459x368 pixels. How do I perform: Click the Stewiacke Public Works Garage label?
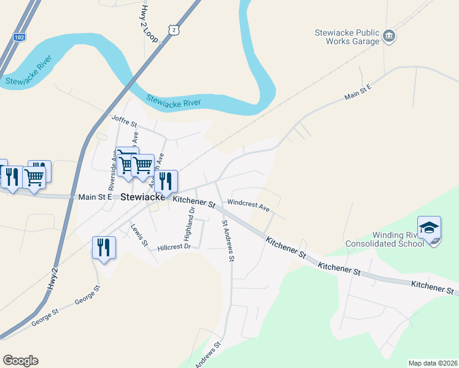click(347, 37)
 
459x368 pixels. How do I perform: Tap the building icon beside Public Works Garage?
click(389, 37)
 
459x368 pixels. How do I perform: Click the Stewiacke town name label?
click(142, 197)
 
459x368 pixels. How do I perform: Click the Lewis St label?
click(139, 235)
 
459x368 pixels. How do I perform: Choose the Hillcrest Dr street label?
click(174, 247)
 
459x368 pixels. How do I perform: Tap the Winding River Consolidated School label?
click(398, 239)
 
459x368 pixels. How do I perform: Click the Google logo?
click(20, 361)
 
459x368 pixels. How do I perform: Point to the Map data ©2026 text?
click(432, 363)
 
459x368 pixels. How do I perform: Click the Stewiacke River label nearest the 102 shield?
click(27, 79)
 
